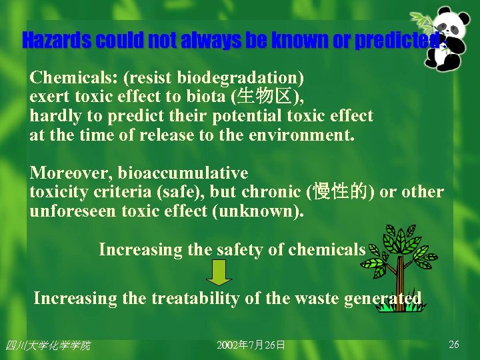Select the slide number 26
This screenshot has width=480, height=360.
[454, 345]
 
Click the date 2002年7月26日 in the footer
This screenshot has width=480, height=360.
[251, 345]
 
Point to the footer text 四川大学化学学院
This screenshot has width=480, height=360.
[48, 345]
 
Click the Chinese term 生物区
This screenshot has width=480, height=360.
[264, 97]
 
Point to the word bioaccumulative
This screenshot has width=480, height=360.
[183, 173]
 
